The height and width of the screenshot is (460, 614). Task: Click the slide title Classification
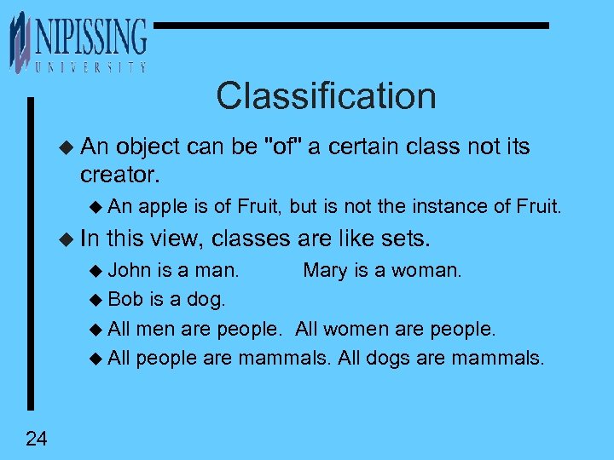(x=326, y=96)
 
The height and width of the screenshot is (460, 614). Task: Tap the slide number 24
(x=37, y=439)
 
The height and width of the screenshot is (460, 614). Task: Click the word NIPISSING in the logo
(x=90, y=38)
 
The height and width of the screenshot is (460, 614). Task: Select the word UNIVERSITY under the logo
(x=90, y=67)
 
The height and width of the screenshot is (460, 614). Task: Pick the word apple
(x=160, y=206)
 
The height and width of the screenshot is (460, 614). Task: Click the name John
(x=130, y=271)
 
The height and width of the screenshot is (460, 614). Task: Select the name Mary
(x=326, y=271)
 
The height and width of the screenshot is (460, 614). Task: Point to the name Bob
(x=125, y=300)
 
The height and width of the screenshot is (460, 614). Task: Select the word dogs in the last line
(x=389, y=358)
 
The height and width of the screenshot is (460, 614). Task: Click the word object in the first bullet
(x=148, y=147)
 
